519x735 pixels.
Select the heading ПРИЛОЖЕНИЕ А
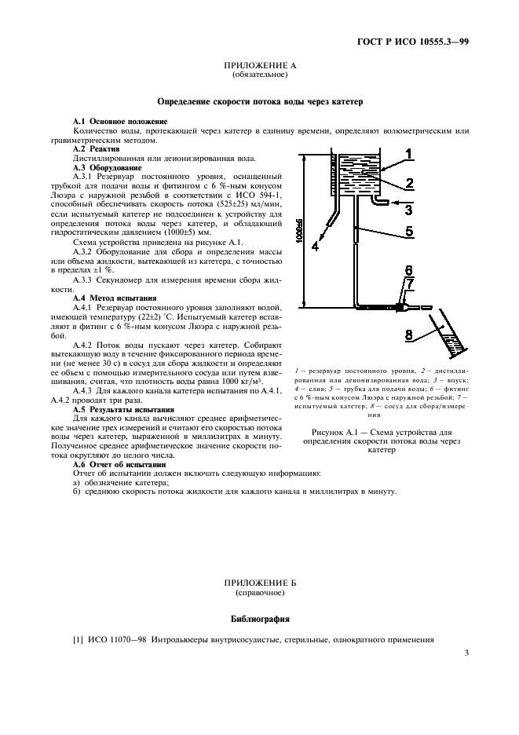point(259,67)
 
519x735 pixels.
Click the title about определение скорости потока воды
point(259,102)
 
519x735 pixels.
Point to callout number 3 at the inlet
point(409,209)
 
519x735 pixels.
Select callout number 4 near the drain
point(315,246)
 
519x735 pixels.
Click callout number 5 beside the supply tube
point(409,232)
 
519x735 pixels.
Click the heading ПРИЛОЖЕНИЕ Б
point(259,583)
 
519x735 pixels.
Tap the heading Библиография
point(259,618)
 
